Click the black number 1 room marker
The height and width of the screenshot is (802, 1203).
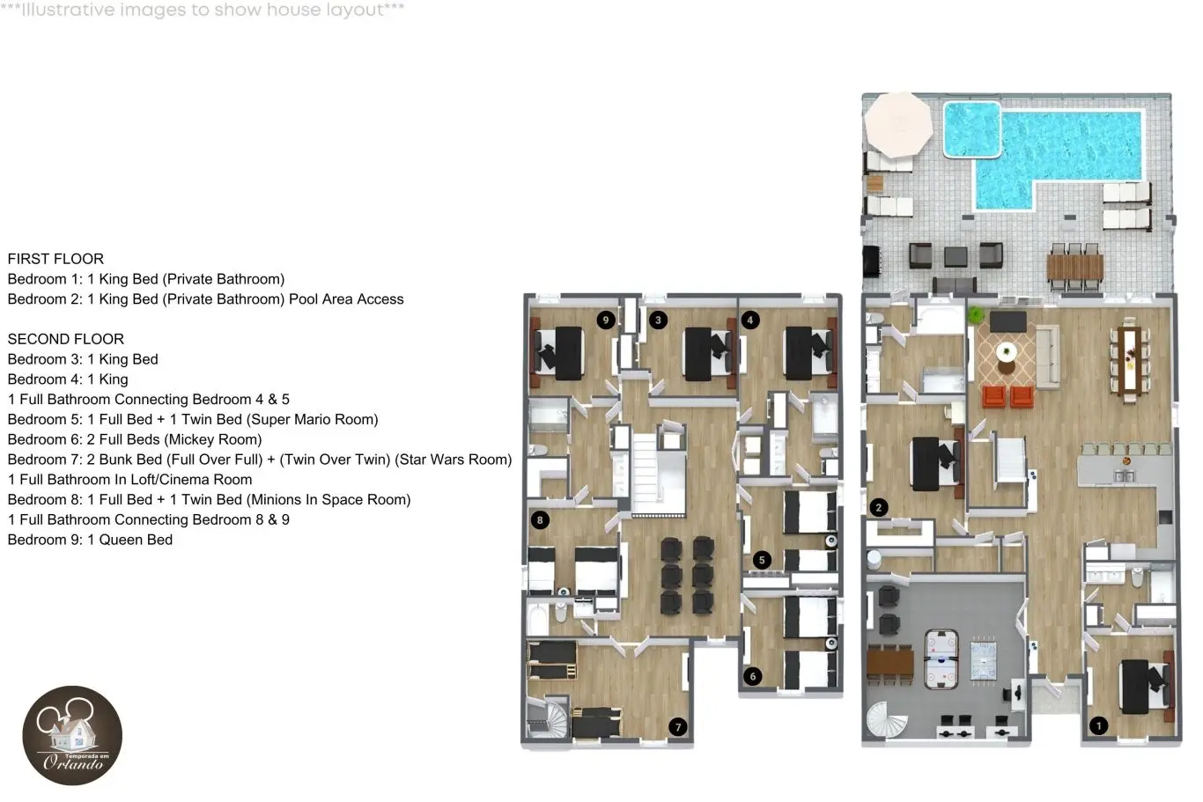tap(1099, 725)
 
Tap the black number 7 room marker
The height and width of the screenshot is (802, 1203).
tap(678, 727)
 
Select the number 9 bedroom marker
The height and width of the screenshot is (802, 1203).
tap(606, 320)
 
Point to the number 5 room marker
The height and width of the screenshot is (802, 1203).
tap(762, 560)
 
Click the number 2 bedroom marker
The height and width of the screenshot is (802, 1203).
tap(879, 507)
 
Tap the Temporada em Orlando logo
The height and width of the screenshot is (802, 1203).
tap(72, 735)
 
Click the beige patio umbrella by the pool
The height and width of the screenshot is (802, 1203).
tap(898, 124)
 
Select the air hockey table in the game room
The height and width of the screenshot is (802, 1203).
tap(941, 659)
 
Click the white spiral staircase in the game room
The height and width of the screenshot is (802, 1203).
tap(885, 720)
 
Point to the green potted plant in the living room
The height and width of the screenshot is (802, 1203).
tap(975, 314)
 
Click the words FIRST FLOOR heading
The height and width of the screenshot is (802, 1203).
tap(55, 259)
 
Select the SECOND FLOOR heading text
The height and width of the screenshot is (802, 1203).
tap(65, 339)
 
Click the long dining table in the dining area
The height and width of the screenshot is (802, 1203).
tap(1130, 360)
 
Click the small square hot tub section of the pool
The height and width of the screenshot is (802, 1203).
tap(972, 129)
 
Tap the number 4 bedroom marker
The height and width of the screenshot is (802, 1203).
tap(750, 320)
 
